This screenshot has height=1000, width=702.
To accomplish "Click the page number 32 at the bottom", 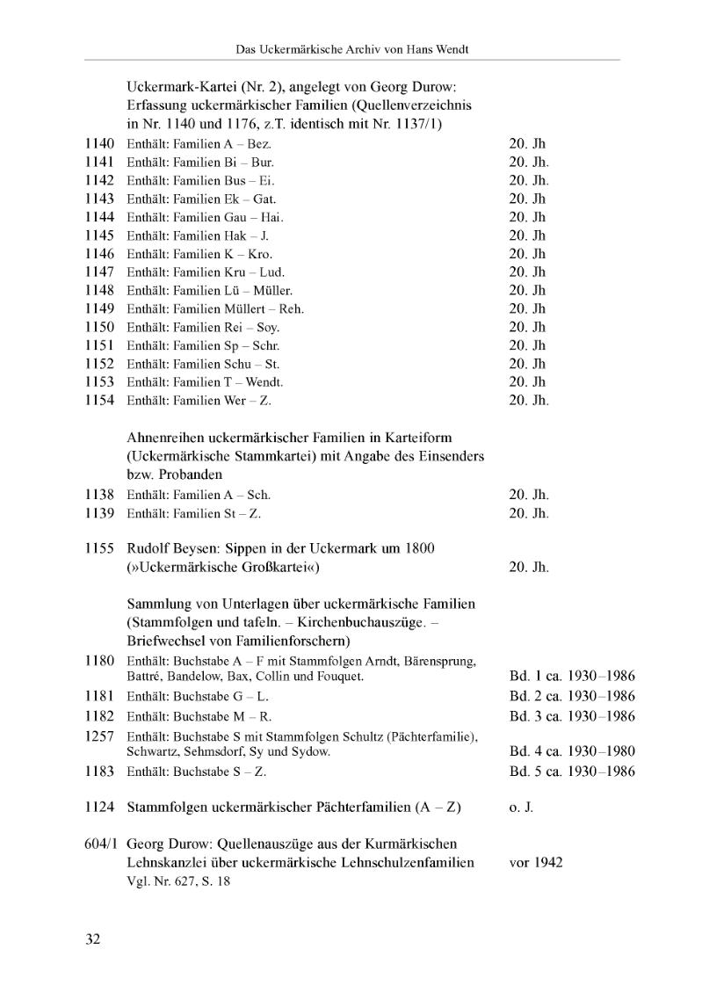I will click(93, 939).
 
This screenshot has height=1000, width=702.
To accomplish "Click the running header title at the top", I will click(352, 49).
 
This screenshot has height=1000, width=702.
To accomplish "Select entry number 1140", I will click(101, 143).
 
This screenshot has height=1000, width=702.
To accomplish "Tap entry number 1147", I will click(101, 272).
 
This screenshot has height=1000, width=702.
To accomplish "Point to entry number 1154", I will click(101, 400).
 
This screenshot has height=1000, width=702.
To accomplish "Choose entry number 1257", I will click(101, 736).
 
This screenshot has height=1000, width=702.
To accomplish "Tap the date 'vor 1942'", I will click(536, 862).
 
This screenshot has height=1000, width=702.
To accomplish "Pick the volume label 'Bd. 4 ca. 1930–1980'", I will click(572, 751).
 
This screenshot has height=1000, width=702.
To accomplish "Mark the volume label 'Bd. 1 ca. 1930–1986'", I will click(572, 677).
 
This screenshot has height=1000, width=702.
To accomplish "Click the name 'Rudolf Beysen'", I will click(170, 548).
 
